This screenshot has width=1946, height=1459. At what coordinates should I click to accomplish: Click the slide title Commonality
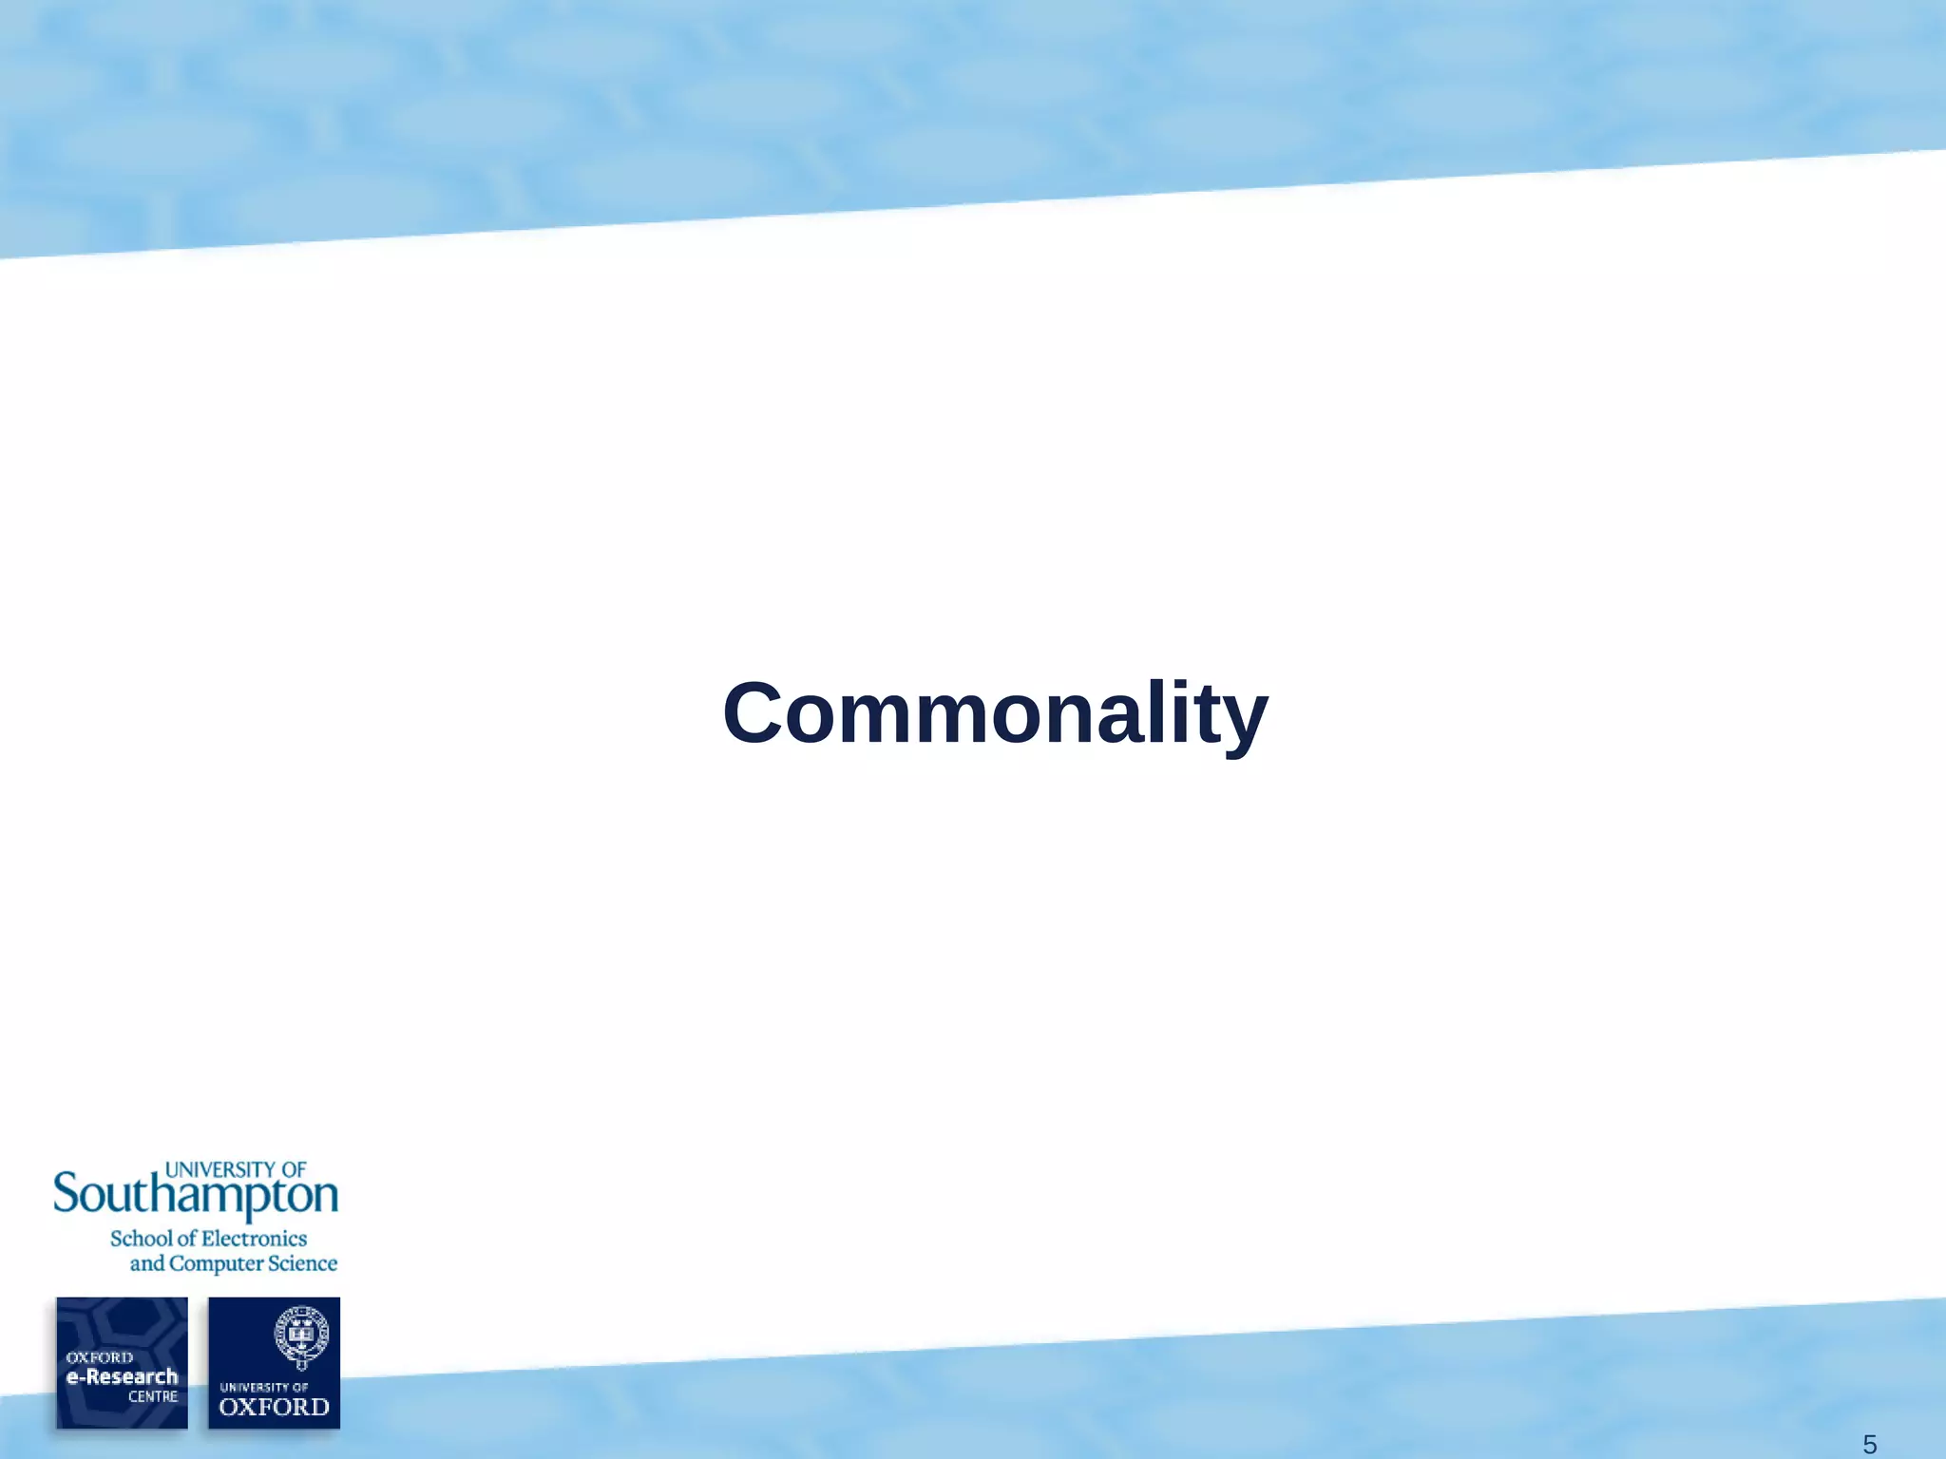point(995,713)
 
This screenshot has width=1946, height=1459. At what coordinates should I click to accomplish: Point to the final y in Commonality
point(1244,722)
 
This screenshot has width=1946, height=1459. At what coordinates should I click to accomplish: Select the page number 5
point(1868,1445)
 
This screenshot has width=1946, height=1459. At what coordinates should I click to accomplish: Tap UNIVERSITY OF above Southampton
point(236,1169)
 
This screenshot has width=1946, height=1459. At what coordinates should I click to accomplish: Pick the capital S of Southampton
point(66,1193)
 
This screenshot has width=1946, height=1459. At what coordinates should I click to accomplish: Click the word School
point(142,1239)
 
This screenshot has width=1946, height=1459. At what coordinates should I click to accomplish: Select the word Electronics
point(255,1239)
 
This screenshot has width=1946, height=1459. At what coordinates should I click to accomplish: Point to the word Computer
point(216,1264)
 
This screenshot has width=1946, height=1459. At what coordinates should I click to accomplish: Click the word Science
point(302,1263)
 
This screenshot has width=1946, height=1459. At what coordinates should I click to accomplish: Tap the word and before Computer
point(147,1263)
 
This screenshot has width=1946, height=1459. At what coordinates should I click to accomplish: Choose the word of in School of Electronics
point(186,1239)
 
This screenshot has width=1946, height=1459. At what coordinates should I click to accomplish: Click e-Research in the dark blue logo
point(122,1376)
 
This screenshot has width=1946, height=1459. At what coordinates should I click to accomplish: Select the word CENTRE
point(153,1396)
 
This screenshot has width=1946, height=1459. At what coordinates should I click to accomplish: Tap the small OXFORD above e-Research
point(99,1357)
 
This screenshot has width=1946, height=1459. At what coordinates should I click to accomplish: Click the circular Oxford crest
point(301,1334)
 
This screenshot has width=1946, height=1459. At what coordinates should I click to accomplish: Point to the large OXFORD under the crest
point(274,1407)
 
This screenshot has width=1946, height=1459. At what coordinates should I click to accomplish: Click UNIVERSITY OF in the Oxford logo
point(264,1387)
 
